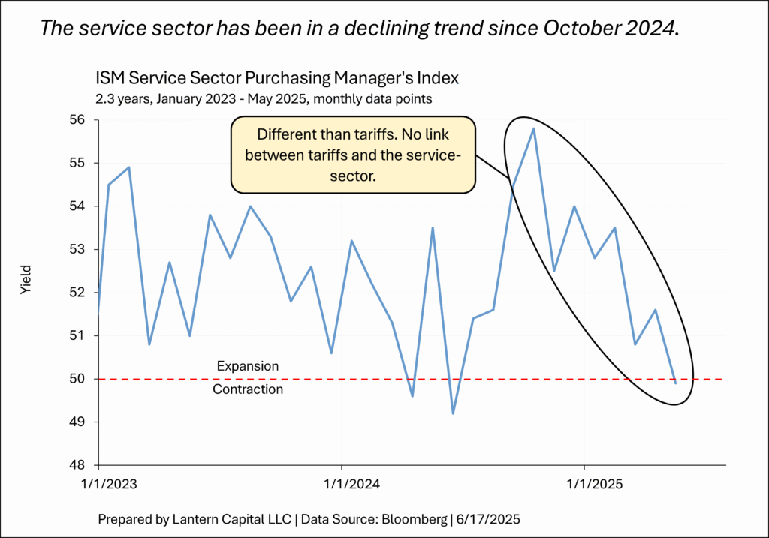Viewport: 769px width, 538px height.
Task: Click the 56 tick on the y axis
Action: pos(79,120)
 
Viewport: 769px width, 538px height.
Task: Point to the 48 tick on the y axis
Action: pos(79,465)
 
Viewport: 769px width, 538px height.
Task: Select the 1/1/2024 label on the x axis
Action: pos(341,485)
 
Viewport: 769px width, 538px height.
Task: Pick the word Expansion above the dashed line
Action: pos(247,367)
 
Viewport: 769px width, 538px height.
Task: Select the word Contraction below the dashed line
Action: pos(248,389)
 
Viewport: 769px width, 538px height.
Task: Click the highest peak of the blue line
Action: pos(533,128)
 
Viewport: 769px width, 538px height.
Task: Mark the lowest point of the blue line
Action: pos(453,413)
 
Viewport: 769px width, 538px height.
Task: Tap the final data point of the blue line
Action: pos(675,383)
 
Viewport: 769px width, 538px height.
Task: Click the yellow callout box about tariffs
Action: pos(353,155)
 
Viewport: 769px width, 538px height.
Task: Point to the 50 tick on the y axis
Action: pos(79,379)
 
